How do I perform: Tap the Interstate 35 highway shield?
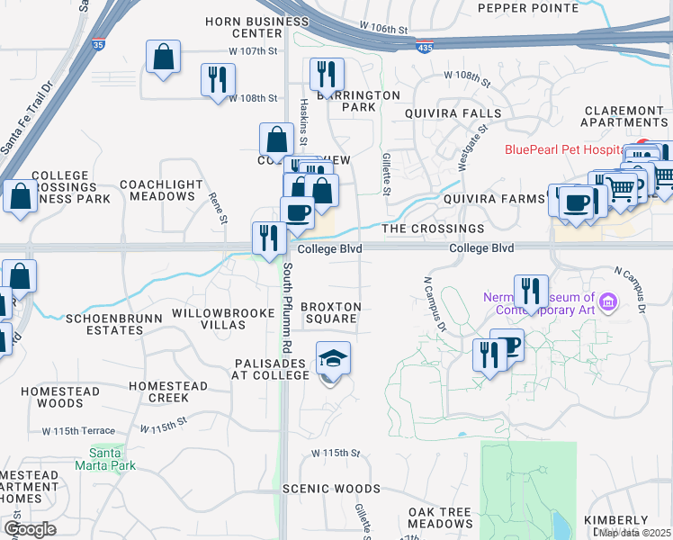[96, 41]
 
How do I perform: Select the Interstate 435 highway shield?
[423, 44]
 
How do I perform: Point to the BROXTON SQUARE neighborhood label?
[330, 312]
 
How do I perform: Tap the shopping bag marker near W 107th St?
[163, 59]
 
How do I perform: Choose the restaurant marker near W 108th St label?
[217, 80]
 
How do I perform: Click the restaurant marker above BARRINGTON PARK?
[326, 75]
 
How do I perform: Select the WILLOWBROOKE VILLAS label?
[221, 318]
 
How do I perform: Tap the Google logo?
[30, 529]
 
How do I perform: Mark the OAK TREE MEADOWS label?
[440, 517]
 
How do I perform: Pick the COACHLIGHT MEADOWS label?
[161, 190]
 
